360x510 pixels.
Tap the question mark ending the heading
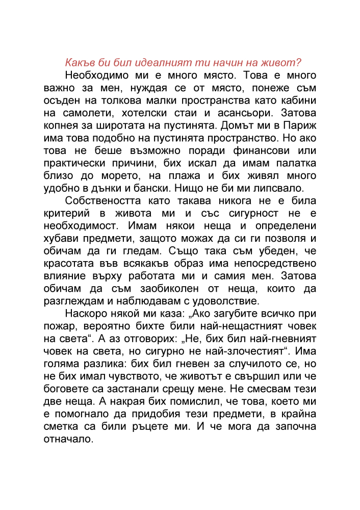299,63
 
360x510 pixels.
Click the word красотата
70,264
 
